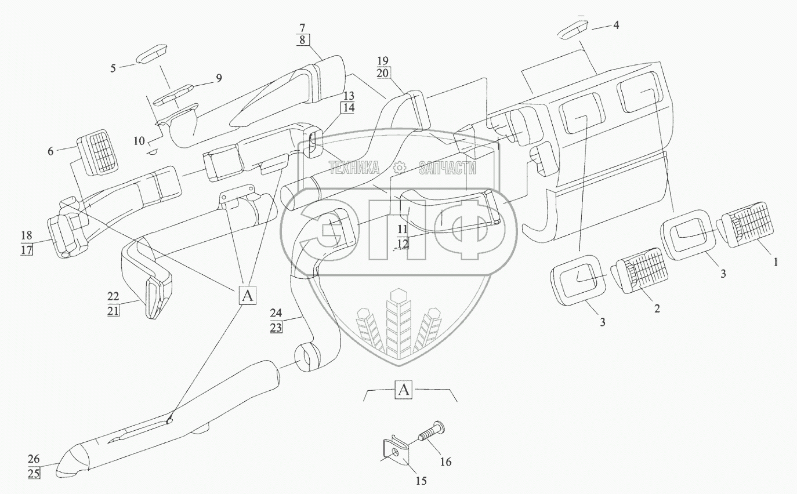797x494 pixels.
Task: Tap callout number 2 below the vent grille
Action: pos(657,308)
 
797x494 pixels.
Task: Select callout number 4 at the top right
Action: pos(617,26)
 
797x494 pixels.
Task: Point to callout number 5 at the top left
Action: pos(114,67)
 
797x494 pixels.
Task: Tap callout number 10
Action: pos(139,140)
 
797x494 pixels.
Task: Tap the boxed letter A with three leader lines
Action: pos(247,296)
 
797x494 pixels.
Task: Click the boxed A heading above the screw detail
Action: pos(404,390)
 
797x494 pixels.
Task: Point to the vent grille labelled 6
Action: pos(97,153)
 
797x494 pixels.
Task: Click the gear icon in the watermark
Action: pos(398,168)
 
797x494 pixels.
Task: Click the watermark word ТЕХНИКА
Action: pos(354,168)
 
